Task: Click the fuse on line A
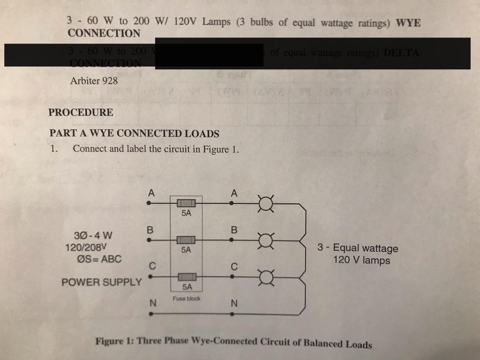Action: point(186,203)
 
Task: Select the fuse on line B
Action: point(186,240)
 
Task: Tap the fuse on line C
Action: point(186,277)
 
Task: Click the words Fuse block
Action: point(186,299)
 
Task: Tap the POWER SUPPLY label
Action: point(101,282)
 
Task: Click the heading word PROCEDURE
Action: point(81,112)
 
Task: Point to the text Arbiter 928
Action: point(94,81)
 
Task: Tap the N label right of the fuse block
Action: point(234,304)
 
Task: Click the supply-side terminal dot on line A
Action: point(149,203)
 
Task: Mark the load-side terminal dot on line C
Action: point(232,277)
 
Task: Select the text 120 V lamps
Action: point(361,260)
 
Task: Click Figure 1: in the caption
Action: point(114,340)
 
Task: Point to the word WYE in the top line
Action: point(408,23)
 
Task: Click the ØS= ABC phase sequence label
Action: point(99,259)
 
